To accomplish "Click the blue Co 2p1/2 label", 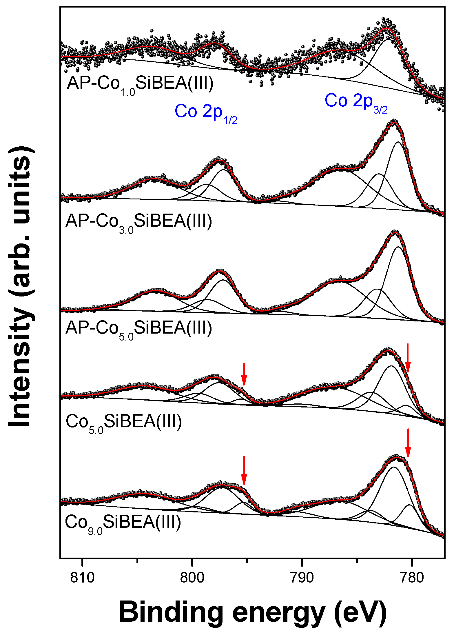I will pos(206,113).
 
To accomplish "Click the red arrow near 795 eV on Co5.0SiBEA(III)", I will pos(244,374).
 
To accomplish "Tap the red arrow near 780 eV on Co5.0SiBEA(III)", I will pos(408,358).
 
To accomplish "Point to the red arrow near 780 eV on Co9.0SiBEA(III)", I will pos(408,443).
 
